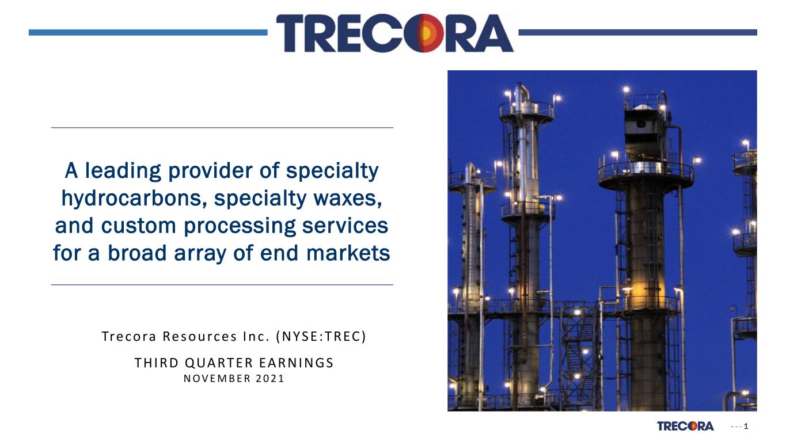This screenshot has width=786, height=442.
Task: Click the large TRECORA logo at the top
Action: click(x=395, y=33)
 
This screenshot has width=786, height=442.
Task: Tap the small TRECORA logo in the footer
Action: click(x=685, y=426)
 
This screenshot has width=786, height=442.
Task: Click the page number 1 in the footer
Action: click(x=746, y=426)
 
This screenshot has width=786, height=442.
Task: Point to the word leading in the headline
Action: click(x=123, y=171)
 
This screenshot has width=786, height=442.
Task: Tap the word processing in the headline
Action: click(x=240, y=226)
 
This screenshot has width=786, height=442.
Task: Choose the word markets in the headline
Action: click(x=348, y=253)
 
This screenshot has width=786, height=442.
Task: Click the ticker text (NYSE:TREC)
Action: click(x=321, y=337)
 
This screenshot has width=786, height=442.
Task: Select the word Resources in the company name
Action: click(x=200, y=337)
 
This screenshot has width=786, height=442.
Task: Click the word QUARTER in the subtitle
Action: click(x=219, y=363)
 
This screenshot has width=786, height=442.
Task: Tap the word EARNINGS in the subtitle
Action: click(x=297, y=363)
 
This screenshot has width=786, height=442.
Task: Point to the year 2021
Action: click(x=270, y=379)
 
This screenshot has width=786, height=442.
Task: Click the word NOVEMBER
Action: click(x=217, y=379)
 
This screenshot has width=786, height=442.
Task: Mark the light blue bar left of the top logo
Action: click(x=148, y=33)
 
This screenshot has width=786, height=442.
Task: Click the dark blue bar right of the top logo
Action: click(x=637, y=33)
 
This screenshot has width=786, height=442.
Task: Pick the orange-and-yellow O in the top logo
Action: click(x=425, y=33)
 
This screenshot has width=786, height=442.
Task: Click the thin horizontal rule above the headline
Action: click(x=222, y=128)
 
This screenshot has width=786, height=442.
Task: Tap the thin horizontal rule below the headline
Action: click(x=222, y=285)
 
